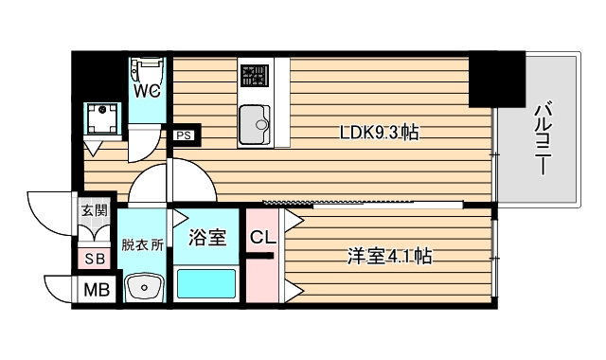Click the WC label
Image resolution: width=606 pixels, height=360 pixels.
point(147,91)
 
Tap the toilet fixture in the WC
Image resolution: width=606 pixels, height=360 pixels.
point(147,70)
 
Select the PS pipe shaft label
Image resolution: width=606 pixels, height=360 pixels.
point(184,135)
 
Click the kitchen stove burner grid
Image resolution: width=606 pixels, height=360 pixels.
point(255,76)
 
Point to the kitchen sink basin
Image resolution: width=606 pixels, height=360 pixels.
point(255,124)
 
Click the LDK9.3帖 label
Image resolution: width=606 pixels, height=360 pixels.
point(379,133)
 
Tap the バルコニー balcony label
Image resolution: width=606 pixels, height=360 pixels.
point(543,137)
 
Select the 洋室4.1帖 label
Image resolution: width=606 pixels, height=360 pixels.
point(389,257)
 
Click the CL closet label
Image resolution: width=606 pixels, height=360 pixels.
point(263,237)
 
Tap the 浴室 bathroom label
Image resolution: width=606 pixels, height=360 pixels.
point(207,237)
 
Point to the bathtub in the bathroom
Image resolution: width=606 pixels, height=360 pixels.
point(206,283)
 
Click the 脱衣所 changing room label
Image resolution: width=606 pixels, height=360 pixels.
point(142,245)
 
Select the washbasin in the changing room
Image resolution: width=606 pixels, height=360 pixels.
point(144,287)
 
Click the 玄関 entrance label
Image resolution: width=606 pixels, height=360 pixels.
point(94,210)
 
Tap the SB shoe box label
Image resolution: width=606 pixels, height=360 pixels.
point(95,259)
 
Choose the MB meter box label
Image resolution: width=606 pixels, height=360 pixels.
point(97,289)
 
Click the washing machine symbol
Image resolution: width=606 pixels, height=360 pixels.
point(102,117)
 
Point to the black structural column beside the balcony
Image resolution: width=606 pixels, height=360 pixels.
point(497,80)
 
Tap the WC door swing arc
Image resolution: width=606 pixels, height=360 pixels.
point(151,152)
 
